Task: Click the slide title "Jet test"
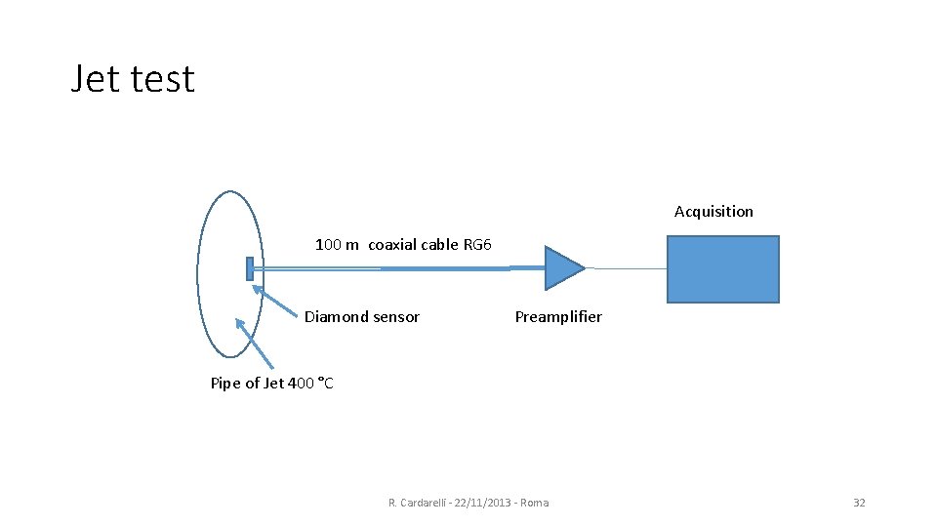click(x=133, y=79)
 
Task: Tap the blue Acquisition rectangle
click(x=722, y=269)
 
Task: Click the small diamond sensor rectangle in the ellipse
click(x=250, y=268)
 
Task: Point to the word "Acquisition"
click(x=713, y=212)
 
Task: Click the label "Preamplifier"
click(x=558, y=317)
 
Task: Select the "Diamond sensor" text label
click(x=362, y=317)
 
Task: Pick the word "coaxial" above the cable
click(x=392, y=245)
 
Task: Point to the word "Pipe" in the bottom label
click(x=225, y=384)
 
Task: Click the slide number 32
click(x=859, y=503)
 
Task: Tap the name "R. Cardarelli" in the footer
click(x=419, y=503)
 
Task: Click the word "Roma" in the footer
click(x=535, y=503)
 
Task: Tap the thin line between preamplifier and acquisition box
click(x=626, y=268)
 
